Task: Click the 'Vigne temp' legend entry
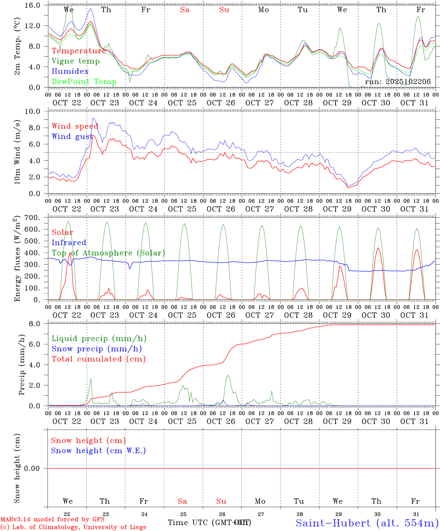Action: (x=76, y=61)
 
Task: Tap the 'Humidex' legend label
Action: (x=70, y=72)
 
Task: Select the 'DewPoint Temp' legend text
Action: (x=84, y=82)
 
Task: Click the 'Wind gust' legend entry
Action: (x=72, y=136)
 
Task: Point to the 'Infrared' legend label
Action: (x=69, y=243)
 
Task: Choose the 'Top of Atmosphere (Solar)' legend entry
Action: (x=108, y=253)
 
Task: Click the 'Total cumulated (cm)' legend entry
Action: (x=99, y=359)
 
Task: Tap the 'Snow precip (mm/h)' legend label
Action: (x=97, y=349)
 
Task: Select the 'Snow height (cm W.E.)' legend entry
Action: (x=98, y=451)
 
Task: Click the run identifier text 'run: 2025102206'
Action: (x=398, y=82)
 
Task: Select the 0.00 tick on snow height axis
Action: (x=35, y=468)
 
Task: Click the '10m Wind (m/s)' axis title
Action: (x=17, y=152)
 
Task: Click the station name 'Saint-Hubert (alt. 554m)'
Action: (x=367, y=523)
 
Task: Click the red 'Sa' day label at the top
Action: (x=185, y=10)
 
